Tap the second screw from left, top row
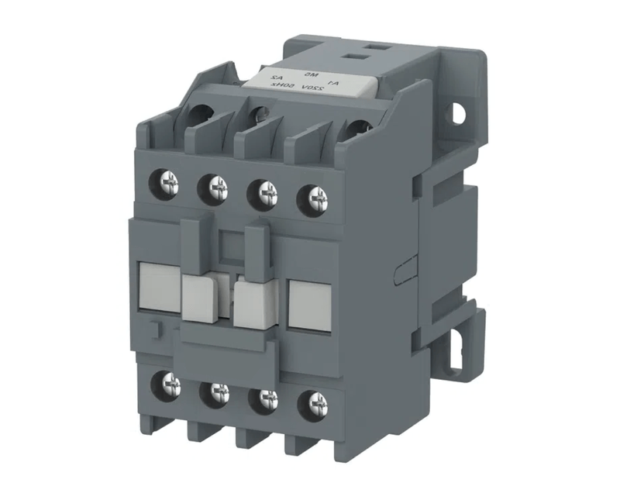pos(216,186)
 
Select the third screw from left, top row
pos(265,190)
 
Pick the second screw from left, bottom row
pos(215,391)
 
